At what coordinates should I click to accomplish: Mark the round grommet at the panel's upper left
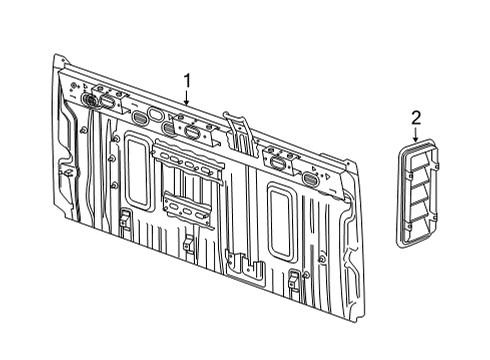tap(89, 100)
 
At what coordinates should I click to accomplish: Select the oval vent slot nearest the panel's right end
tap(311, 181)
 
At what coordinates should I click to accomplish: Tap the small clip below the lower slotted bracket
tap(188, 241)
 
